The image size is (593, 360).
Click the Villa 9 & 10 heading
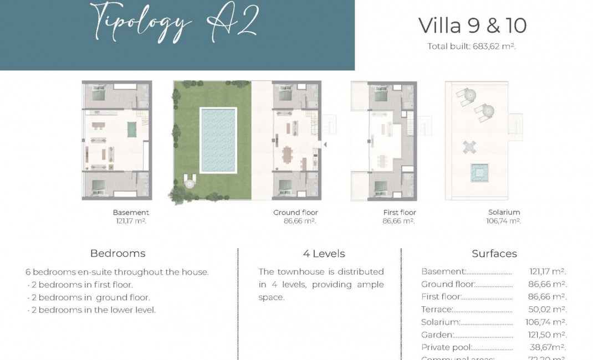[472, 25]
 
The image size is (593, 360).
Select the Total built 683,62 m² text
[472, 47]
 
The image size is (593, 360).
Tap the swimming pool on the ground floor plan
[218, 140]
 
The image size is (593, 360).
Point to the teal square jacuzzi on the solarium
[479, 172]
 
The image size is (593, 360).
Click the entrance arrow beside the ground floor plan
[325, 145]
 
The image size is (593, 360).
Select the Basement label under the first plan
[131, 212]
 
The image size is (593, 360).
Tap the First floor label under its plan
[399, 212]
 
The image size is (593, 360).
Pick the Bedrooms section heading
[117, 254]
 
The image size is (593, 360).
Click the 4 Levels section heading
[324, 254]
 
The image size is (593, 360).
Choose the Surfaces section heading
[494, 254]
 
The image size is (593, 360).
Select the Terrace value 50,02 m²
[548, 310]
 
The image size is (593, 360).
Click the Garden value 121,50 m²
[546, 335]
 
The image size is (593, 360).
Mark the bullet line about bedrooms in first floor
[80, 285]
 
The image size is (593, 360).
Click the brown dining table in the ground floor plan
[287, 153]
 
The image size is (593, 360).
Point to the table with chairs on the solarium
[469, 147]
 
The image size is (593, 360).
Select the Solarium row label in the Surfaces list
[440, 322]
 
